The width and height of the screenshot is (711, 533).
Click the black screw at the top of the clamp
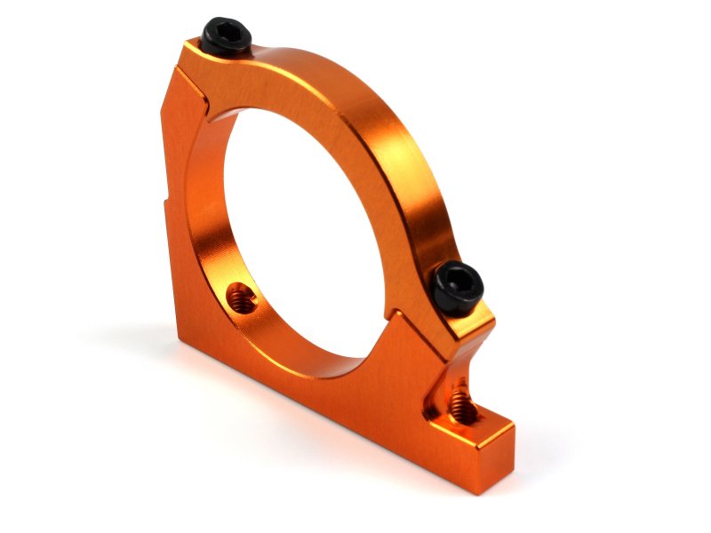point(227,36)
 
